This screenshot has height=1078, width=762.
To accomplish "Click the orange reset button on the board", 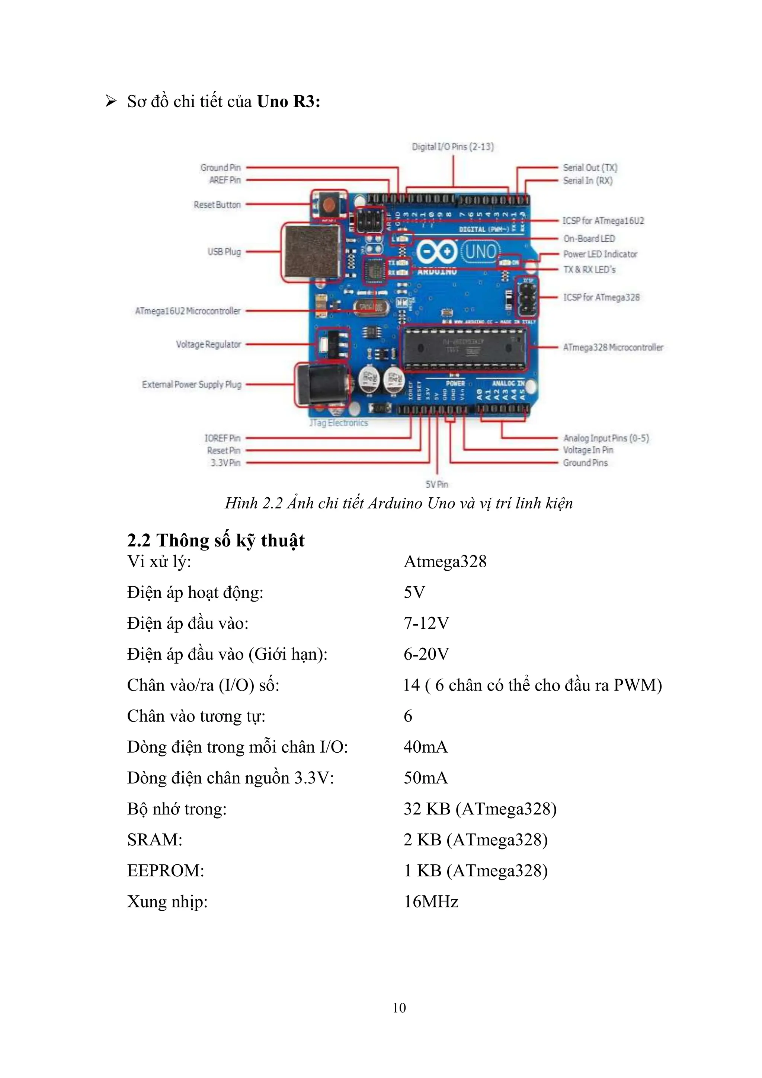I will pyautogui.click(x=329, y=205).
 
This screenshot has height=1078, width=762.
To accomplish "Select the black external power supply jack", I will pyautogui.click(x=322, y=385).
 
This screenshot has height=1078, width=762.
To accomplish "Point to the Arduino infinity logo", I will pyautogui.click(x=436, y=252).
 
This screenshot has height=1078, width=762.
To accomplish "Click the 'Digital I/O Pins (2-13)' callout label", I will pyautogui.click(x=453, y=147).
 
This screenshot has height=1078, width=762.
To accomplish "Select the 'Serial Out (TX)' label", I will pyautogui.click(x=590, y=168).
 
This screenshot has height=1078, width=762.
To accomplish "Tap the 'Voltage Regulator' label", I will pyautogui.click(x=208, y=345).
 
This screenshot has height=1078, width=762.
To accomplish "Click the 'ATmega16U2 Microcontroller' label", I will pyautogui.click(x=188, y=311).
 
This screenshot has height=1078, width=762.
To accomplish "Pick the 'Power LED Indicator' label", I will pyautogui.click(x=600, y=254).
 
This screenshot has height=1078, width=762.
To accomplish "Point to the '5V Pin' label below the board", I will pyautogui.click(x=436, y=484).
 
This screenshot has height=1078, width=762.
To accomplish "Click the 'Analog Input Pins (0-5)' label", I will pyautogui.click(x=606, y=438).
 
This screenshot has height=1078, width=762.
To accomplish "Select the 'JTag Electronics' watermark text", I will pyautogui.click(x=338, y=423).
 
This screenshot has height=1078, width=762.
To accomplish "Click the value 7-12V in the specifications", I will pyautogui.click(x=426, y=623).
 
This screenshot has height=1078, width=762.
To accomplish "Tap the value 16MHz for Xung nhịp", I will pyautogui.click(x=431, y=902).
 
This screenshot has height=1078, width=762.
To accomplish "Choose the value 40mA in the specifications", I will pyautogui.click(x=425, y=747).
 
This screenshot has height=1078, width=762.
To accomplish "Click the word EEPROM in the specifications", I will pyautogui.click(x=165, y=870).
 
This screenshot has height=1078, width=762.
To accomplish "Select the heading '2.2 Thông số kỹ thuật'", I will pyautogui.click(x=216, y=540).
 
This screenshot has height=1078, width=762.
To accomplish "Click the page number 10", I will pyautogui.click(x=399, y=1008).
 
